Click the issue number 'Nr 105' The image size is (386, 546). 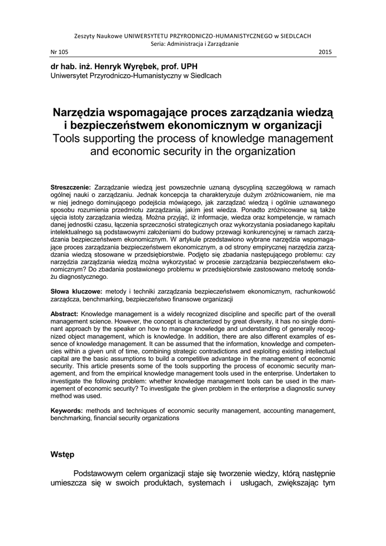[x=59, y=52]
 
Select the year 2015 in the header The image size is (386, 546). [x=325, y=52]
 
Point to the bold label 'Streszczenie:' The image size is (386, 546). [x=71, y=187]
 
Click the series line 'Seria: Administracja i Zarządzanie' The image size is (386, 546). [x=193, y=44]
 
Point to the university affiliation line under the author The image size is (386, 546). [x=136, y=76]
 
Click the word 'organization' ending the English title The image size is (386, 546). [x=258, y=151]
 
